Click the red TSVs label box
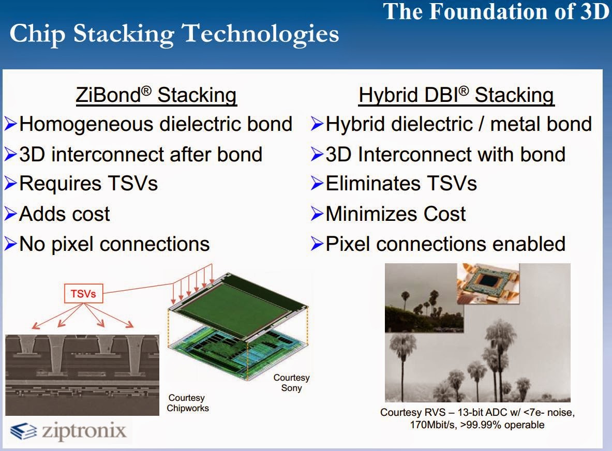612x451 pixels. [83, 294]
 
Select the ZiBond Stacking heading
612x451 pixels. [156, 95]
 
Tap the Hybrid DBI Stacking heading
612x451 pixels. [456, 95]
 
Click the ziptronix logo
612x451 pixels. [69, 431]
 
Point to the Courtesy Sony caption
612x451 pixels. [291, 383]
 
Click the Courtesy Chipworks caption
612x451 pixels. [188, 403]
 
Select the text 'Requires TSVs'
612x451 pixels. [88, 184]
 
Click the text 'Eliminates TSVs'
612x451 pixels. [401, 184]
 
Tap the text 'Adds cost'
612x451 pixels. [64, 214]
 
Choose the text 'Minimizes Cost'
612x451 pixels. [395, 214]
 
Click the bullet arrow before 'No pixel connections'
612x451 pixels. [10, 244]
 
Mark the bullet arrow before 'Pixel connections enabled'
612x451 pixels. [317, 244]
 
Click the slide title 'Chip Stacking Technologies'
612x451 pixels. [174, 34]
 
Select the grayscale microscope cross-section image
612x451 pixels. [82, 374]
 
